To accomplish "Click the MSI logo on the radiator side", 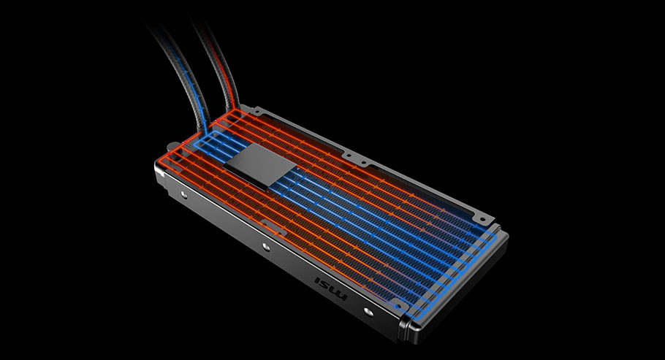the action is point(331,288).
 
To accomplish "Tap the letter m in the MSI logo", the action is point(341,294).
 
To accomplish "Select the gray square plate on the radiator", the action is point(260,165).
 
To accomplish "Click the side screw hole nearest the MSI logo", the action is point(368,312).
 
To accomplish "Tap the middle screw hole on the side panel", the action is point(265,246).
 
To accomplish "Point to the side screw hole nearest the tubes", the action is point(183,195).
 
